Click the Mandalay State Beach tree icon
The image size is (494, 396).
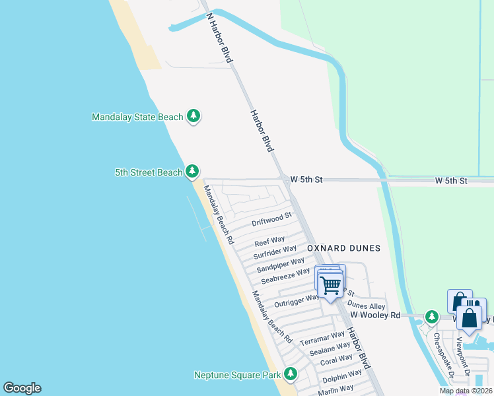[193, 117]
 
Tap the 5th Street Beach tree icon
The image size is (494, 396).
[192, 172]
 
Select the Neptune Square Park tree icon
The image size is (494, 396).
[291, 375]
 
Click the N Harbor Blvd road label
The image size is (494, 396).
[219, 38]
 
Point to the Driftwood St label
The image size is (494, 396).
[271, 219]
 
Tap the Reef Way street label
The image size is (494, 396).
[269, 240]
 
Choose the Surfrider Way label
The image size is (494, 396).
[275, 251]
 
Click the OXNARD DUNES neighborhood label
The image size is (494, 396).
[343, 248]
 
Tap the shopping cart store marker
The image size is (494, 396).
[330, 285]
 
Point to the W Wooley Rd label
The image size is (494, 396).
[375, 315]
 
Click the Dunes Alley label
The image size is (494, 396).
[366, 306]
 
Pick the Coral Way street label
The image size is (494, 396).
[336, 360]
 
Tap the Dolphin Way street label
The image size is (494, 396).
[342, 377]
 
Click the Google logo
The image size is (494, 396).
[22, 388]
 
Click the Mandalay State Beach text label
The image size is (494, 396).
[137, 117]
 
